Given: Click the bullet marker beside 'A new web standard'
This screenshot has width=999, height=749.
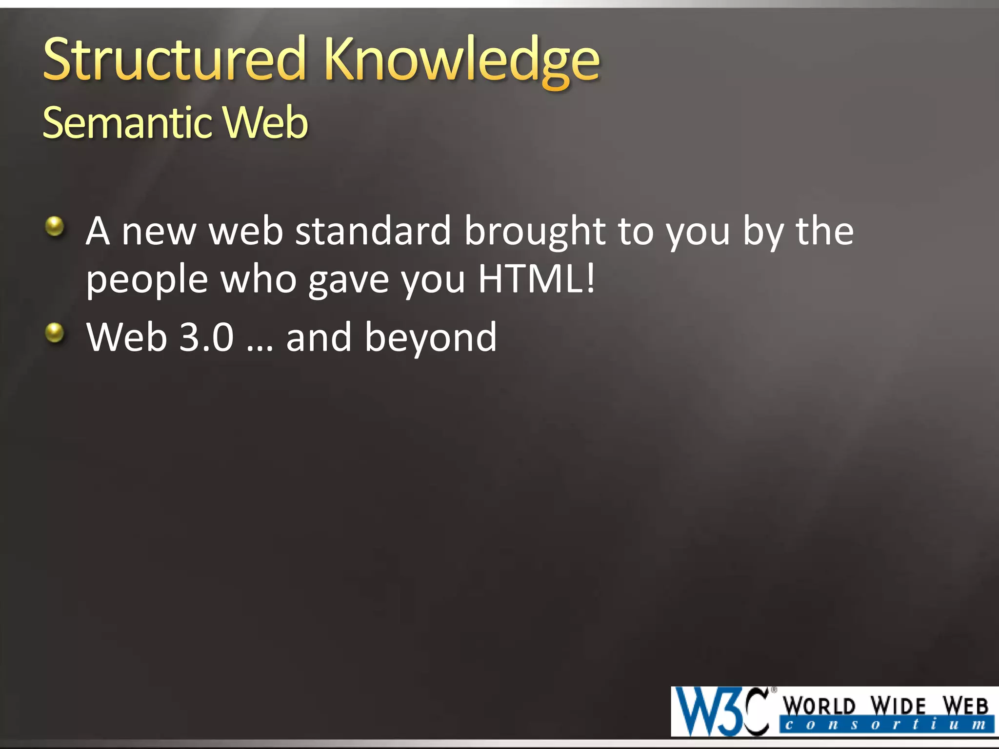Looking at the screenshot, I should (x=55, y=226).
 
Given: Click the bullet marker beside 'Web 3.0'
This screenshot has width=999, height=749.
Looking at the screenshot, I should (x=55, y=333).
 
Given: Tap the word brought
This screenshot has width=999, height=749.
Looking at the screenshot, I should (x=535, y=232).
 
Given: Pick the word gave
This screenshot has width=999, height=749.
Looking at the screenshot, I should (x=348, y=281).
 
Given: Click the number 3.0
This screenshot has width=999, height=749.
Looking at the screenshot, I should (x=206, y=337).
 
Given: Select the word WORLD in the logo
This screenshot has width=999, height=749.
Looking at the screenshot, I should (x=819, y=706).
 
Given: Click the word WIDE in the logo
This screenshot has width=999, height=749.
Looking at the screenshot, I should (x=898, y=706).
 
